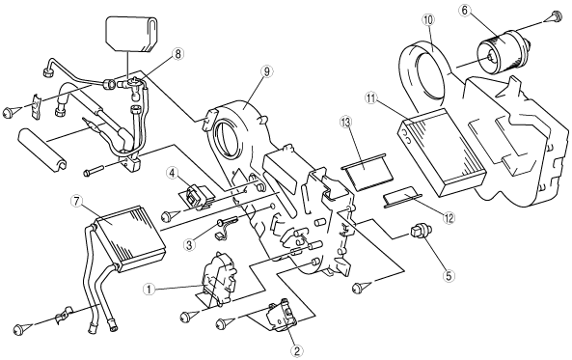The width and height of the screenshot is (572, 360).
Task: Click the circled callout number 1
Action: click(x=149, y=290)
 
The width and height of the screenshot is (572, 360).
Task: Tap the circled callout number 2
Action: click(x=296, y=351)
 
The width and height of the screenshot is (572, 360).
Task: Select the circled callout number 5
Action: click(x=449, y=276)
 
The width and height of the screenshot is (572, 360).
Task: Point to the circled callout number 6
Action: click(x=464, y=11)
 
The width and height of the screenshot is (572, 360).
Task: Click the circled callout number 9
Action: click(x=266, y=72)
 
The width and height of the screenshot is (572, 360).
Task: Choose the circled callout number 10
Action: click(x=428, y=19)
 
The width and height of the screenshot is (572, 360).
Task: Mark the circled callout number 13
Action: click(x=346, y=122)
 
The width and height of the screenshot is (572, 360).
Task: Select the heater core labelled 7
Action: click(x=129, y=238)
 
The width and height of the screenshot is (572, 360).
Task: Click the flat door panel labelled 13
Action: click(x=368, y=171)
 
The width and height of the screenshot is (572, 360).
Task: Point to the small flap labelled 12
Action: click(x=401, y=198)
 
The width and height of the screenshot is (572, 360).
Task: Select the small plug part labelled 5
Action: click(x=421, y=233)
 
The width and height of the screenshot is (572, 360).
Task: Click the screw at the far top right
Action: click(x=554, y=16)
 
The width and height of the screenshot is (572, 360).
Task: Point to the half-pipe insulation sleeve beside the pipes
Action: click(x=42, y=150)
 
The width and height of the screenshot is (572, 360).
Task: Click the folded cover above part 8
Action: click(x=132, y=34)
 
